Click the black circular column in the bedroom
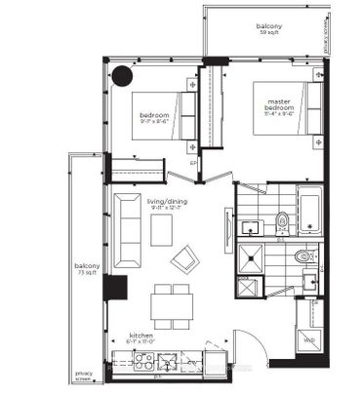tap(123, 76)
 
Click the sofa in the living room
tap(127, 232)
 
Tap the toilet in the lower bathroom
tap(303, 257)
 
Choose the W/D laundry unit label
tap(309, 339)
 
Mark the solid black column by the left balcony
tap(114, 289)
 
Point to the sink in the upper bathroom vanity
tap(250, 227)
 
